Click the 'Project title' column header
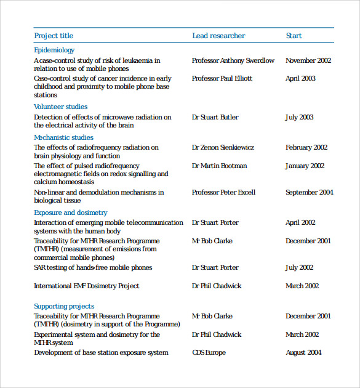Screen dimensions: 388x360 coord(54,36)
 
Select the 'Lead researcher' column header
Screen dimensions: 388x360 coord(218,36)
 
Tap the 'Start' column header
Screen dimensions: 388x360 coord(294,36)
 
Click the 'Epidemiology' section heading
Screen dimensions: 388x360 coord(54,50)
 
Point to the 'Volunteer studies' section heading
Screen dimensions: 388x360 coord(60,107)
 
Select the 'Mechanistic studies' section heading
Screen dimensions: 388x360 coord(63,137)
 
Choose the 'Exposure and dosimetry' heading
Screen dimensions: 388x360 coord(70,212)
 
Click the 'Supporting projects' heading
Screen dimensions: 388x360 coord(64,306)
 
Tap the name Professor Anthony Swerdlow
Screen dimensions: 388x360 coord(233,60)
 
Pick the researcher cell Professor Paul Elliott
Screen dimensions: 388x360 coord(222,79)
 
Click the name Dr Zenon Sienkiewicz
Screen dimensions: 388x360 coord(223,148)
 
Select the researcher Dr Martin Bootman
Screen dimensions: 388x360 coord(219,166)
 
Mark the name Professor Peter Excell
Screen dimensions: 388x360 coord(223,192)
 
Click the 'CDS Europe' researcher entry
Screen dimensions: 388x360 coord(209,353)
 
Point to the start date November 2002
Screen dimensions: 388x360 coord(308,60)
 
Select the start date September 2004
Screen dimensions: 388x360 coord(310,192)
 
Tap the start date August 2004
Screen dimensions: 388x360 coord(305,353)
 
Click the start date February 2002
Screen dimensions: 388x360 coord(306,148)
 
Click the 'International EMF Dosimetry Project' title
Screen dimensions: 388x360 coord(86,286)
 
